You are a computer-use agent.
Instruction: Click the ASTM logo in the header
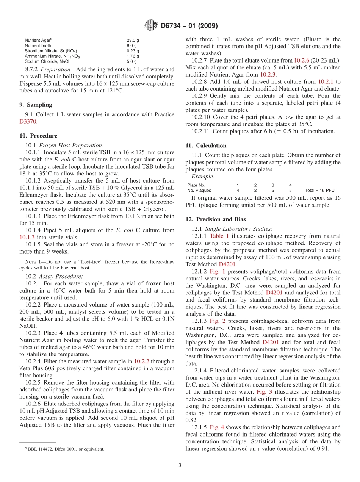click(x=150, y=25)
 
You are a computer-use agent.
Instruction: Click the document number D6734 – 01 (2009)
click(x=189, y=26)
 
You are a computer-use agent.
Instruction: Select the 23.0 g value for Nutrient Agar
click(x=133, y=40)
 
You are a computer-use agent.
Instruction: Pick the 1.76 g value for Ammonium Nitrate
click(x=133, y=56)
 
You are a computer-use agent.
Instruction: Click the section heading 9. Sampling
click(x=36, y=105)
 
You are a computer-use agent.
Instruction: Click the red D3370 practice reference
click(x=28, y=122)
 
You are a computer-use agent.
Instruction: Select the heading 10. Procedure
click(x=38, y=136)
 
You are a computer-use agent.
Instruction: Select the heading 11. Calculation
click(x=206, y=146)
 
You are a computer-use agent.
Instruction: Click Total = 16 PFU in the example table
click(x=319, y=190)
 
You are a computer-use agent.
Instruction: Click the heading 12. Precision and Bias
click(x=215, y=219)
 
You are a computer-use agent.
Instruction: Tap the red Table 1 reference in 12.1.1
click(x=219, y=236)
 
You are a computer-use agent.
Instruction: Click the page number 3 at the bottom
click(x=180, y=465)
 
